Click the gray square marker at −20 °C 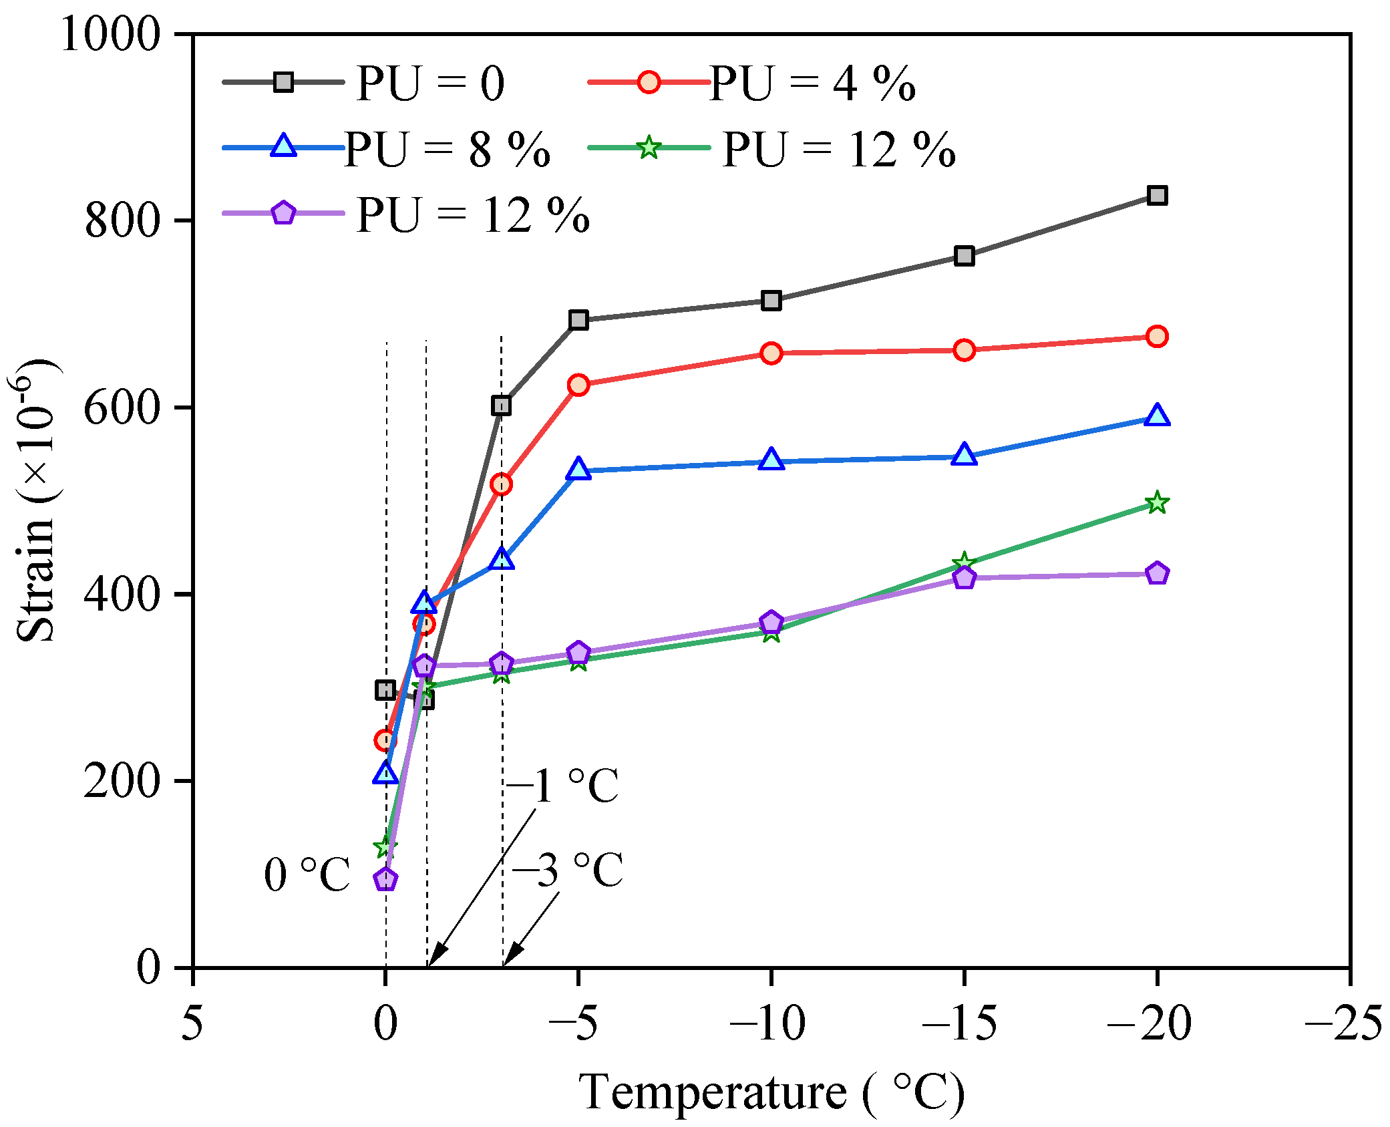(1157, 196)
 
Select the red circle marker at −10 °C (771, 353)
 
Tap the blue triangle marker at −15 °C (964, 454)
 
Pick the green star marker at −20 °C (1157, 502)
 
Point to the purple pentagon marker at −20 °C (1157, 573)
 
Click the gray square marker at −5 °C (578, 320)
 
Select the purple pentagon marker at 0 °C (385, 879)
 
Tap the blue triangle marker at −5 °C (578, 469)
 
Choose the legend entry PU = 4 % (751, 83)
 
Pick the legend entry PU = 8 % (386, 148)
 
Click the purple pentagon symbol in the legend (284, 213)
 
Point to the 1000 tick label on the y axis (111, 34)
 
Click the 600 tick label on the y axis (123, 408)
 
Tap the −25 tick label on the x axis (1344, 1023)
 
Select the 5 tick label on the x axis (192, 1023)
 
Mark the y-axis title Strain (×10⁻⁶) (35, 501)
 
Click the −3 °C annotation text (568, 870)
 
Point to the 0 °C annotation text (307, 874)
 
